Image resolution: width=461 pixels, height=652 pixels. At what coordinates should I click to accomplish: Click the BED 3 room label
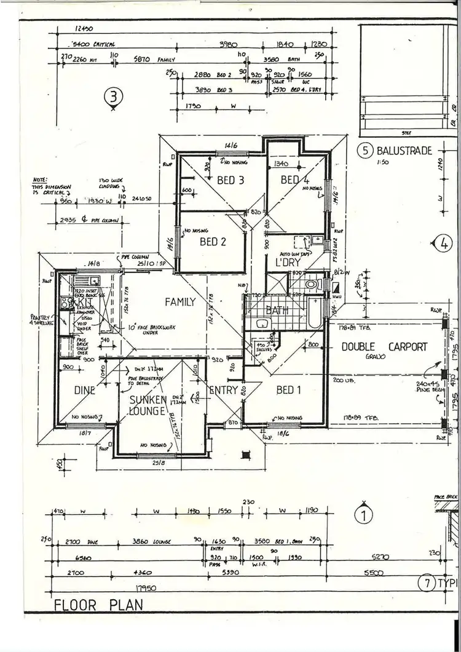point(230,181)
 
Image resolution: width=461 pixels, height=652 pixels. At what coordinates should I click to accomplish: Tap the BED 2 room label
point(213,242)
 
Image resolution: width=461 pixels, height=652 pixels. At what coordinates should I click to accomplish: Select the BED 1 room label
point(285,390)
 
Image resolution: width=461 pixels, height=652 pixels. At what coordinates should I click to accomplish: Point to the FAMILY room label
point(179,302)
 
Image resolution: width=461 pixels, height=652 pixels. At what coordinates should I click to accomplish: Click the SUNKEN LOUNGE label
point(148,405)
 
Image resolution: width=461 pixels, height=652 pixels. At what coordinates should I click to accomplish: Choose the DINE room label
point(85,390)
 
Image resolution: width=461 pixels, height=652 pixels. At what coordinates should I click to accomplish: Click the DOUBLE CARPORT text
point(384,347)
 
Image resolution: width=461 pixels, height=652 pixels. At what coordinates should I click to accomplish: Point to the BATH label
point(277,311)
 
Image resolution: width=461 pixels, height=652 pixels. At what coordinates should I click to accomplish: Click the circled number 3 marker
point(114,97)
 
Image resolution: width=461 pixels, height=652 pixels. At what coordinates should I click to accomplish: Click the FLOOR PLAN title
point(99,604)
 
